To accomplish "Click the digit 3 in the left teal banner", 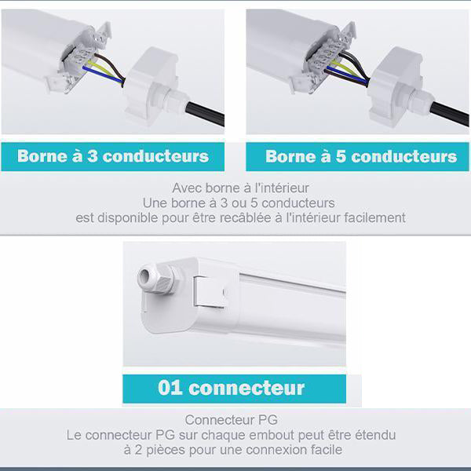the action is click(93, 156).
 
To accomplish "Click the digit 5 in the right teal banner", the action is click(341, 156).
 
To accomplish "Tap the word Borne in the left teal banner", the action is click(42, 156).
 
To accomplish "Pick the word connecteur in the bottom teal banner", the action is click(246, 388).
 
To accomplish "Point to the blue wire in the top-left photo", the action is click(102, 75).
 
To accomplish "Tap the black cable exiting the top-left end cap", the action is click(206, 114).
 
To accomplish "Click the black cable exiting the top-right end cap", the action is click(450, 114).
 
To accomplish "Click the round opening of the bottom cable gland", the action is click(144, 276).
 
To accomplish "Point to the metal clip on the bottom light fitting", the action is click(209, 292).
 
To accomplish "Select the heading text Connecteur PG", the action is click(232, 420).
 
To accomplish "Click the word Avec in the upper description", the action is click(185, 188).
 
